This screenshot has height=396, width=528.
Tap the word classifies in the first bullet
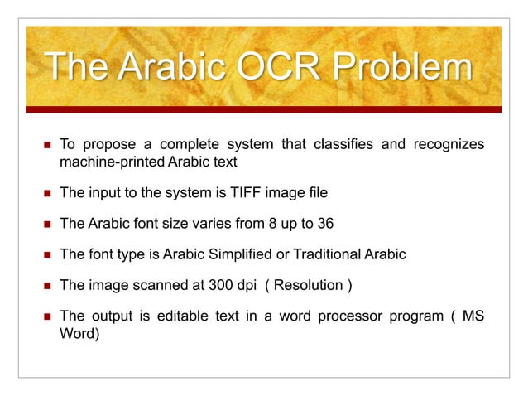355,146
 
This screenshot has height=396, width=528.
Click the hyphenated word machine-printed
113,162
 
